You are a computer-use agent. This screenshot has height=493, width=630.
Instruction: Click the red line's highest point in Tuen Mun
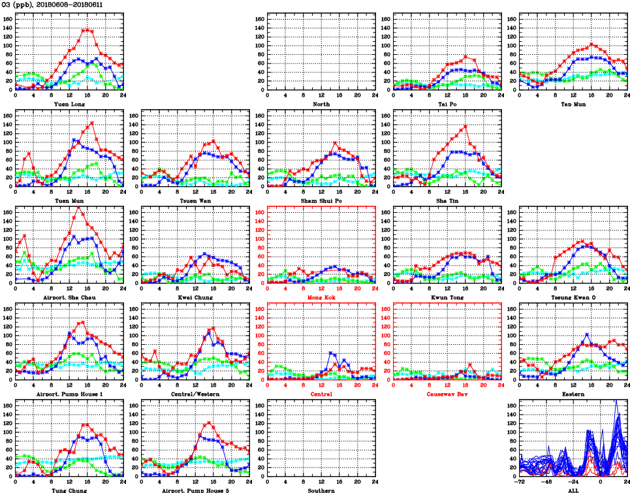pyautogui.click(x=92, y=122)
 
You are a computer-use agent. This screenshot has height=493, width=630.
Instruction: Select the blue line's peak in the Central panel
pyautogui.click(x=331, y=353)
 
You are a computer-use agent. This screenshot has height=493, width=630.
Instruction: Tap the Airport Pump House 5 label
pyautogui.click(x=195, y=490)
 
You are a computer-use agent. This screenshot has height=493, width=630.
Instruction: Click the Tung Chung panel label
pyautogui.click(x=69, y=490)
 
